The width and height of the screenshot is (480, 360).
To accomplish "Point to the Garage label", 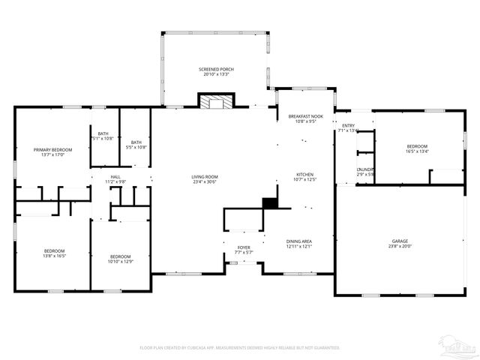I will coord(398,244).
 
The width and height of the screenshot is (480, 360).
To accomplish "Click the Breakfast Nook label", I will coord(305,118).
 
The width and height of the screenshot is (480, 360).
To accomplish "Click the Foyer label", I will coord(244,250).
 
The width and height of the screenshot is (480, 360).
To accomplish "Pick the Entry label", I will coord(349,127).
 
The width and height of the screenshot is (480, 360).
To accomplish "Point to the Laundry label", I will coord(365,172).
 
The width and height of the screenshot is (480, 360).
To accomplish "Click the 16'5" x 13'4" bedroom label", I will coord(417,148).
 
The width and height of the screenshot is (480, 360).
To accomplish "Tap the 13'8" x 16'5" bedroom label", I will coord(54,253).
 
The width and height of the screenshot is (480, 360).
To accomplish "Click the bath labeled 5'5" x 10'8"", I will coord(136,145).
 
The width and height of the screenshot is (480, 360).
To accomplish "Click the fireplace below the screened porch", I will coord(216,101).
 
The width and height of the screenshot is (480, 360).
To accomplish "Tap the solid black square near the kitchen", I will coord(270,202).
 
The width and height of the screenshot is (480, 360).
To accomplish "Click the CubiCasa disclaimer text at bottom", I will coord(240,348).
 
